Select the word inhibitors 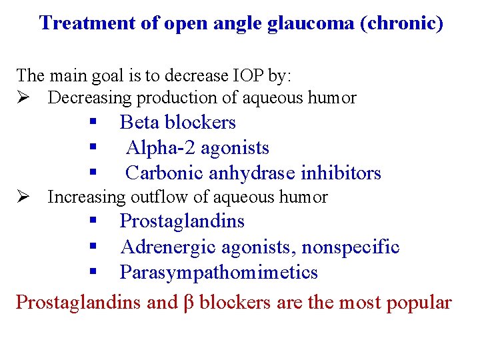(341, 173)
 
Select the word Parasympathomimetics (219, 273)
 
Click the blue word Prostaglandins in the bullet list (182, 221)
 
